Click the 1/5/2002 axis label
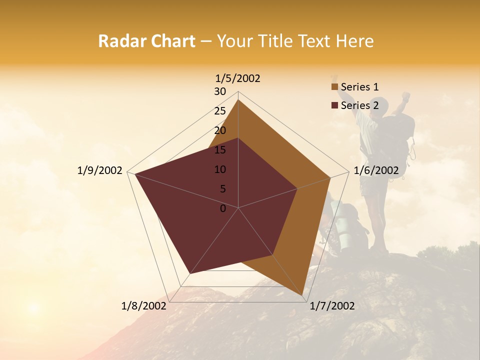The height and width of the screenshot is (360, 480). (x=238, y=78)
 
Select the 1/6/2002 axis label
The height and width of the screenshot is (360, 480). (x=376, y=170)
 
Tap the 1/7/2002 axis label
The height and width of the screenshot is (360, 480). (x=332, y=306)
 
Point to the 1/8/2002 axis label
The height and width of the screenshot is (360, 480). (x=144, y=306)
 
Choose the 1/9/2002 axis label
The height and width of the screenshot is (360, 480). (x=100, y=170)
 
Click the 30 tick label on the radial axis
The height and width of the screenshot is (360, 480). (x=220, y=91)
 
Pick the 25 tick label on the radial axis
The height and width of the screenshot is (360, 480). (x=220, y=111)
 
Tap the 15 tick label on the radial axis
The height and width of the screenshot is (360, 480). (x=220, y=150)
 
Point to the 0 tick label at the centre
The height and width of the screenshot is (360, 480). (x=223, y=208)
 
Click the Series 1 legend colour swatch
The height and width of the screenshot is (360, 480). (x=334, y=87)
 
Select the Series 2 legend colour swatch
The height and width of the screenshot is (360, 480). (x=334, y=105)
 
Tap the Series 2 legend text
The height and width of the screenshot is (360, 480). (x=359, y=105)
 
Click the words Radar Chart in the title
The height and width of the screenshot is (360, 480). (x=146, y=41)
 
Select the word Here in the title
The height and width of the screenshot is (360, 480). (x=354, y=41)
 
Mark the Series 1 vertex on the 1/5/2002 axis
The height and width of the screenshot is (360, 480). (x=238, y=100)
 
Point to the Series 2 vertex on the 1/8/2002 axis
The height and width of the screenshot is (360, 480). (x=189, y=273)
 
